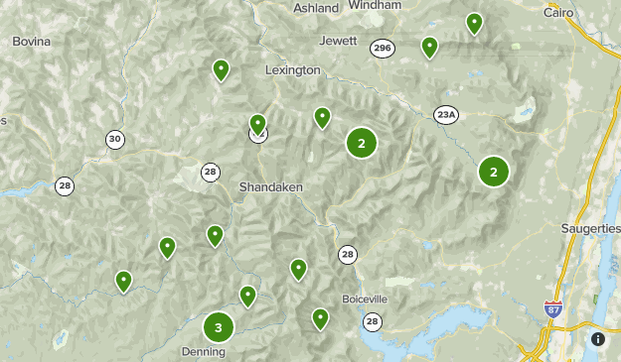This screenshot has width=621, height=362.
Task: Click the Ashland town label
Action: pos(317,8)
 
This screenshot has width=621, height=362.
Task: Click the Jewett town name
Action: pos(339,41)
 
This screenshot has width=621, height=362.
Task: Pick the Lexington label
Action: pos(293,70)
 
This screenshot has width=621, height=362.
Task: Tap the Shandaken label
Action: pos(270,187)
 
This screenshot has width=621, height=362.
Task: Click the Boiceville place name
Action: pos(363,299)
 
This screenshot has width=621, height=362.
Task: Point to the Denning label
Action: pos(203,351)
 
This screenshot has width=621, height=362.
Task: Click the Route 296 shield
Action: pos(382,48)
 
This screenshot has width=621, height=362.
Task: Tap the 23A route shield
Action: pos(446,115)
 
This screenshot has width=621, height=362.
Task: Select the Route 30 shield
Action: pos(115,140)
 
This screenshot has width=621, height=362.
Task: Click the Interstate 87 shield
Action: pos(553,310)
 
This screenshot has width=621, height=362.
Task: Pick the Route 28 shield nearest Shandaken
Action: pos(210,172)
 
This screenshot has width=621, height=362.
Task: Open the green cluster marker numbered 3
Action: pos(219,326)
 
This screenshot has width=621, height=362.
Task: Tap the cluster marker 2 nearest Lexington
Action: pos(362,144)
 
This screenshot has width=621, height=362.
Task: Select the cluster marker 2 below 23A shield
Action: pos(493,172)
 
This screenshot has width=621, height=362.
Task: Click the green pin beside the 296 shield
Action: pos(429,46)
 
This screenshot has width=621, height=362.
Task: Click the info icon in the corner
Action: pos(598,338)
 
